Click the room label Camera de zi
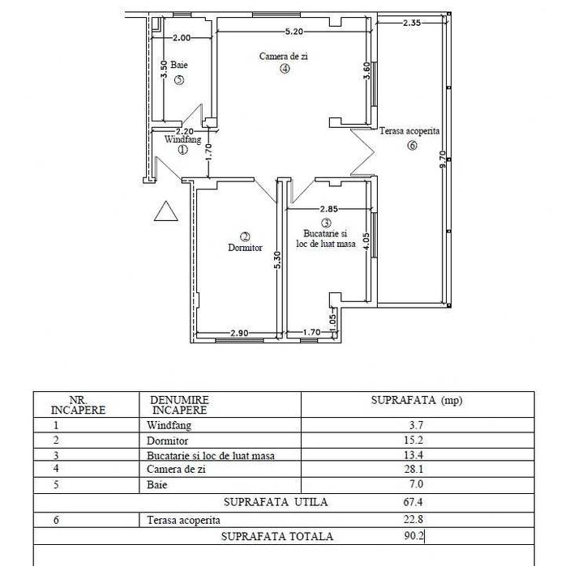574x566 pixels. (x=284, y=57)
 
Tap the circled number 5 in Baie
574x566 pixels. (x=178, y=79)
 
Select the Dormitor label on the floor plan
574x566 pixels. (x=246, y=248)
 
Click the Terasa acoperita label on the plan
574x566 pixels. (x=409, y=130)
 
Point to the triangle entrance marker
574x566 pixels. (x=166, y=212)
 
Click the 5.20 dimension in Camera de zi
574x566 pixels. (x=293, y=32)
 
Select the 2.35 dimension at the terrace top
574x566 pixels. (x=411, y=23)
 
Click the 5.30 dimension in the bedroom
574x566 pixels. (x=277, y=261)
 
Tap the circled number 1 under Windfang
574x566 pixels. (x=182, y=149)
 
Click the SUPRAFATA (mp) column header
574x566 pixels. (x=416, y=400)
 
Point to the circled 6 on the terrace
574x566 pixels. (x=412, y=146)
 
